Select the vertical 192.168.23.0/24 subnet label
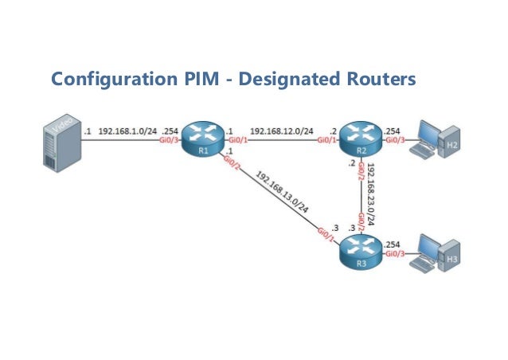[373, 196]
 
